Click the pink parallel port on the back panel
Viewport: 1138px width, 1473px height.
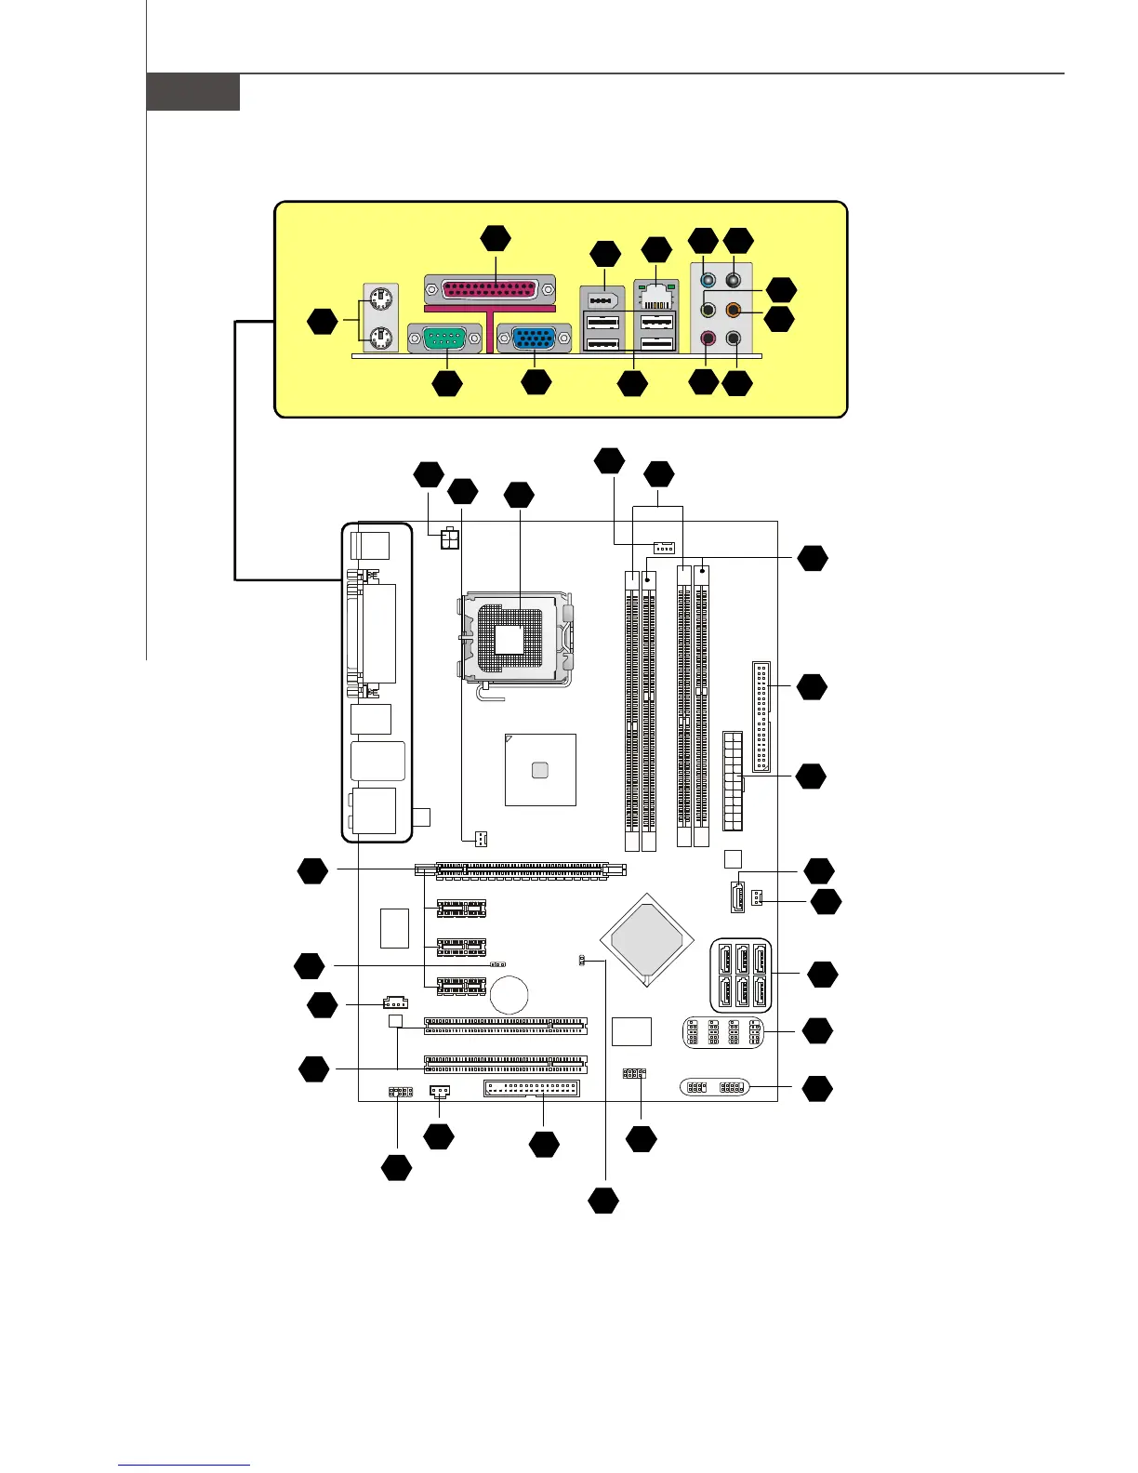pos(490,288)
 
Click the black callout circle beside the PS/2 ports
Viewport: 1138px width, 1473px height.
pos(323,322)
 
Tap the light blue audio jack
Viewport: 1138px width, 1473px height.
pos(708,279)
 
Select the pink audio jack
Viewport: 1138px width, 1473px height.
pos(708,339)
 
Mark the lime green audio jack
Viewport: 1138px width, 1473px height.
pos(708,310)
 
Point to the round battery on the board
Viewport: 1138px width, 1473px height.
pos(510,994)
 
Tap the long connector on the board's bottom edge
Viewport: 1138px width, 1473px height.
pos(532,1089)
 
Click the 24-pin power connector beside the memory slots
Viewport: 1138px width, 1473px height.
pos(733,781)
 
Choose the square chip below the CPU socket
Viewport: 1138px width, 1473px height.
pos(540,769)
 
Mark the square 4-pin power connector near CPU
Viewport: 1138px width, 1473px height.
pos(450,539)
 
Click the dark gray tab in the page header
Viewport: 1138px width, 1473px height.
pos(193,92)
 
